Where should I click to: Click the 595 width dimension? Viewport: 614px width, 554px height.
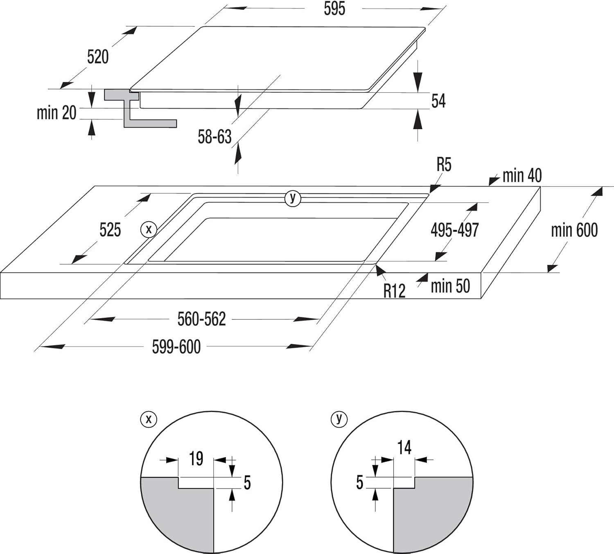[334, 9]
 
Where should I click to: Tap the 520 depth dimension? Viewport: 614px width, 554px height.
[98, 56]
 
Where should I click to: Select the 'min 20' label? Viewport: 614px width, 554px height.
[56, 112]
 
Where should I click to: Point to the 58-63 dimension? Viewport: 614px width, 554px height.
[214, 137]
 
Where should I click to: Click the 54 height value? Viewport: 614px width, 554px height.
[438, 101]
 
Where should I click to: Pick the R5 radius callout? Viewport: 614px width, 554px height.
[444, 164]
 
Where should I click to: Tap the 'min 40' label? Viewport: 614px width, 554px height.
[521, 175]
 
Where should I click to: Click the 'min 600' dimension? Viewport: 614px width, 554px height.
[574, 230]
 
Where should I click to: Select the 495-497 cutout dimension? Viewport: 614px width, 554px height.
[454, 230]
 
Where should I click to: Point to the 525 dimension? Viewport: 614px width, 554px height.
[110, 230]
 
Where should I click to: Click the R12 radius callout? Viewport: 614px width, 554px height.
[394, 291]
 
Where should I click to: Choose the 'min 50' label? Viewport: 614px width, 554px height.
[450, 286]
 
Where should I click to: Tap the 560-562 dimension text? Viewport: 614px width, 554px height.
[201, 319]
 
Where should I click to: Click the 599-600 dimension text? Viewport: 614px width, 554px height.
[176, 347]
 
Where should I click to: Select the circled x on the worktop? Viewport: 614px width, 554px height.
[149, 229]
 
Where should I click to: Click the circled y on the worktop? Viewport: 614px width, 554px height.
[293, 198]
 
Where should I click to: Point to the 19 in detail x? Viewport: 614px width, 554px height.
[196, 458]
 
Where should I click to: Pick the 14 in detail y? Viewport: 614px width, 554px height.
[404, 447]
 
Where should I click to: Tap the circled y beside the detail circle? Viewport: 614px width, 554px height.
[339, 419]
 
